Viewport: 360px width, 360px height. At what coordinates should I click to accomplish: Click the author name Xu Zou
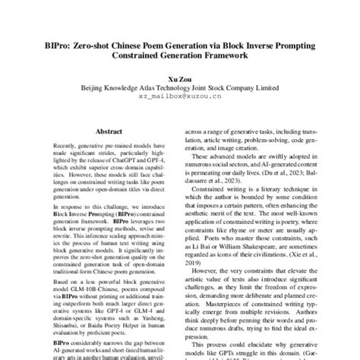180,77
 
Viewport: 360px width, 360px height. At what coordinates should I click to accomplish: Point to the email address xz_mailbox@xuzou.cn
180,96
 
